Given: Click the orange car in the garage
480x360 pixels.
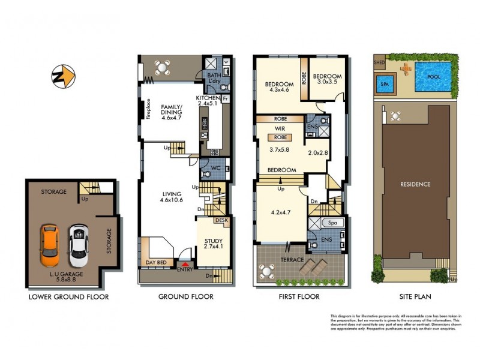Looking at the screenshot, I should pyautogui.click(x=49, y=245).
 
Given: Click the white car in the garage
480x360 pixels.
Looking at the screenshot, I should pyautogui.click(x=77, y=245).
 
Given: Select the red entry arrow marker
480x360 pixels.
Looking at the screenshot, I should pyautogui.click(x=185, y=263).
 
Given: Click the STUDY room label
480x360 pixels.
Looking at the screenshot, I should pyautogui.click(x=214, y=242).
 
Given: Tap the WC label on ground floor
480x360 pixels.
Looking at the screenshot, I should pyautogui.click(x=217, y=169).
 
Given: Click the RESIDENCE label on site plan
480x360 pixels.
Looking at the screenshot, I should pyautogui.click(x=415, y=184).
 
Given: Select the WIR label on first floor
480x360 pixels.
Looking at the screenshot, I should pyautogui.click(x=280, y=128).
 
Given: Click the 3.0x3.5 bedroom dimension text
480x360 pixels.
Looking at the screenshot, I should pyautogui.click(x=328, y=83).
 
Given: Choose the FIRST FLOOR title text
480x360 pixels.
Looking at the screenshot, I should pyautogui.click(x=299, y=296).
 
